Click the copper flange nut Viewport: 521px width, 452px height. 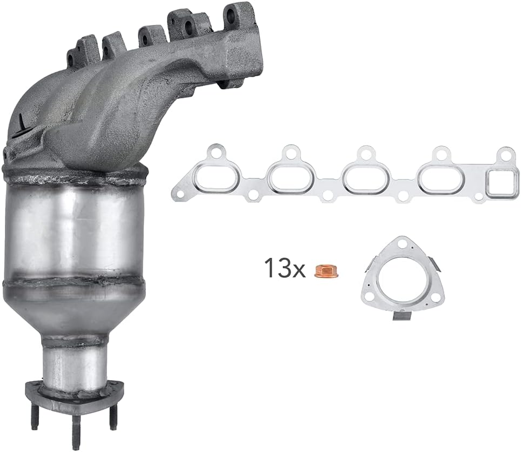(x=326, y=270)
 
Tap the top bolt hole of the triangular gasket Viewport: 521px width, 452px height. (x=400, y=244)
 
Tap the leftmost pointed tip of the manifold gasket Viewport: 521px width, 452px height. (x=174, y=193)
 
